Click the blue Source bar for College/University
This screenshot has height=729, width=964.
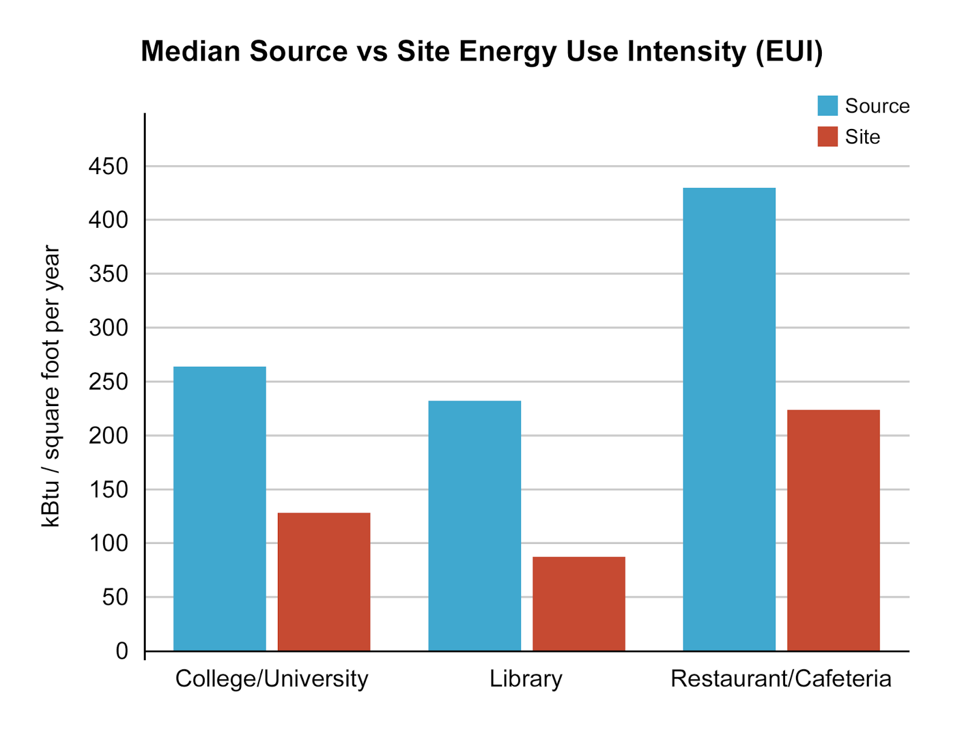[x=219, y=508]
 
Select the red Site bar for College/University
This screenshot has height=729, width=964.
[x=324, y=581]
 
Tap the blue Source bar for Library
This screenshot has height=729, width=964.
[x=474, y=525]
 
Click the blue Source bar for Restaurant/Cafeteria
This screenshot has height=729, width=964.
[x=729, y=419]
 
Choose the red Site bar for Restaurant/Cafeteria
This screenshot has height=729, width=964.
[x=833, y=530]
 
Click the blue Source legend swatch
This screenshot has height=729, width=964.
[x=827, y=105]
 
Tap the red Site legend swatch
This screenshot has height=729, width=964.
[x=827, y=137]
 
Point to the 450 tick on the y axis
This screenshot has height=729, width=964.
[x=108, y=166]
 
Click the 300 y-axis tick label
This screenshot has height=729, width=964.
[x=108, y=328]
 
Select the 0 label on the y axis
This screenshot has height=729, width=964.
[x=122, y=651]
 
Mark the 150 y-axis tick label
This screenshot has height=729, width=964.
[x=108, y=489]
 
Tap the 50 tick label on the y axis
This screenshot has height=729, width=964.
[x=115, y=597]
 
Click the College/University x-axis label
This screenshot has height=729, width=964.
[x=272, y=679]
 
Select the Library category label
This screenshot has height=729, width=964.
[x=525, y=679]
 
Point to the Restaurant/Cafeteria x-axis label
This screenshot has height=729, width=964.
[x=781, y=679]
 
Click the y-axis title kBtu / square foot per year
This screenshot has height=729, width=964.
[x=51, y=386]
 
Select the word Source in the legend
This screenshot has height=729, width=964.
[x=877, y=106]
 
